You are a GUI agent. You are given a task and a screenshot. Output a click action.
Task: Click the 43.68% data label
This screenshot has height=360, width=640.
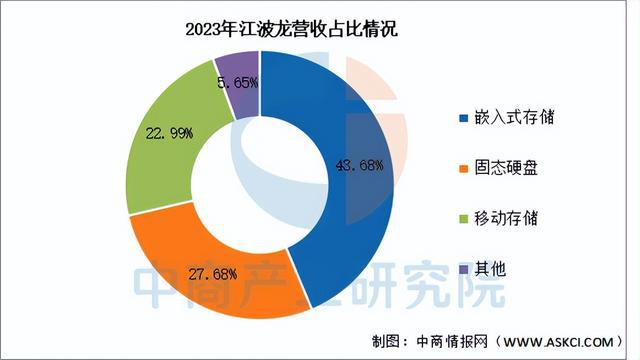click(x=358, y=165)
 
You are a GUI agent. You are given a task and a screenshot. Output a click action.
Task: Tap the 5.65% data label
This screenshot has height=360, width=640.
click(x=238, y=79)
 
